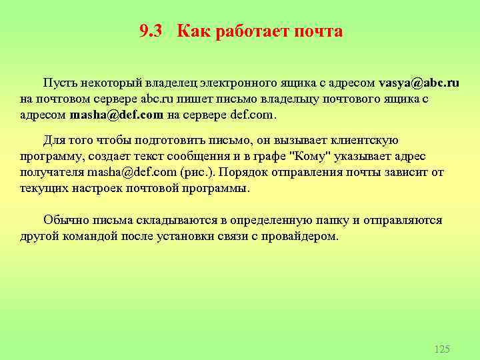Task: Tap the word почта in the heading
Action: [x=319, y=31]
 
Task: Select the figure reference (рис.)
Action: [x=199, y=172]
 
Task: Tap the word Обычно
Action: [x=63, y=221]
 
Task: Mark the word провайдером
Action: [x=300, y=236]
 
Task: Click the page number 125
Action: [x=441, y=349]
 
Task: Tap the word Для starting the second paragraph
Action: [x=53, y=140]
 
